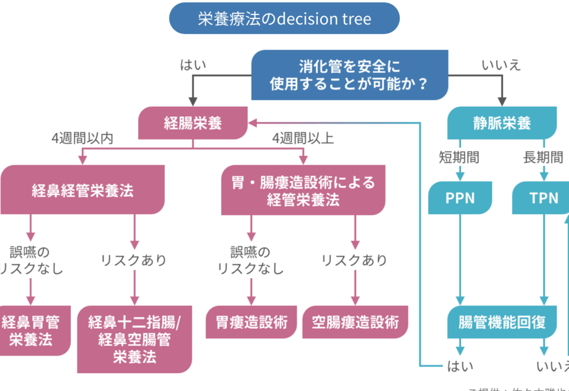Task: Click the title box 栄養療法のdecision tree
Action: click(x=284, y=19)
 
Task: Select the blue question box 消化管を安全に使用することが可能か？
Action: click(x=350, y=75)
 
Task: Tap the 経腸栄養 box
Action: click(x=193, y=123)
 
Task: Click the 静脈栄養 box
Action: click(x=502, y=123)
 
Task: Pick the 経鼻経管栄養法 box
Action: click(x=82, y=190)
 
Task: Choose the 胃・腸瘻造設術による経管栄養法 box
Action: click(x=303, y=190)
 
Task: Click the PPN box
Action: click(x=460, y=197)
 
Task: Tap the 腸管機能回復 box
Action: click(x=502, y=322)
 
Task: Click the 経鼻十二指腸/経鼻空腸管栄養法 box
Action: click(x=134, y=339)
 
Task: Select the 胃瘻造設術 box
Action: click(x=251, y=321)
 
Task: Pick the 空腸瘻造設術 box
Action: click(x=355, y=321)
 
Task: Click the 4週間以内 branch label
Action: click(x=83, y=138)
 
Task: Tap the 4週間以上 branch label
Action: click(x=303, y=138)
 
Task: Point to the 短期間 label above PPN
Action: click(x=459, y=157)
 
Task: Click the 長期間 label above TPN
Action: click(x=543, y=157)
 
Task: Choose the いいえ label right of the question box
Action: click(x=501, y=65)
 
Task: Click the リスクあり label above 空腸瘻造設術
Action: click(x=355, y=260)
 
